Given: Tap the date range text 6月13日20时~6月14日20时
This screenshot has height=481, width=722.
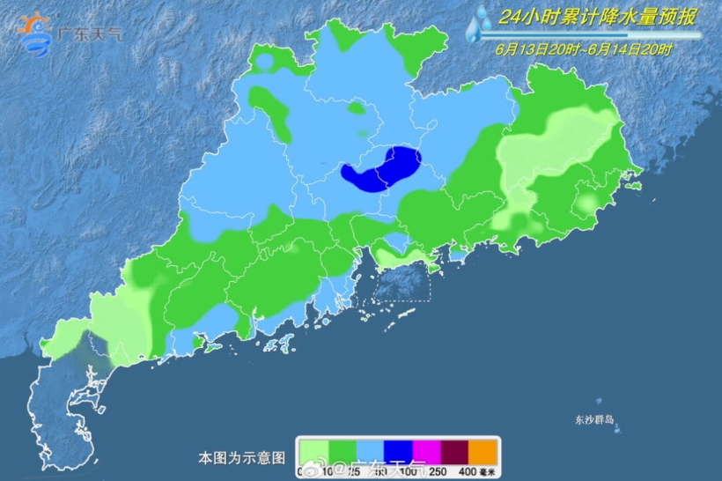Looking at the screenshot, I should coord(583,49).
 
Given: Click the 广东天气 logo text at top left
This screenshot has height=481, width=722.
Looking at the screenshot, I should coord(89,36).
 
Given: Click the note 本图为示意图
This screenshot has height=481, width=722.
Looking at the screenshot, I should coord(241,458).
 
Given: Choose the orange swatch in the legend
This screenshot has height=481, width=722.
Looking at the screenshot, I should coord(483,450).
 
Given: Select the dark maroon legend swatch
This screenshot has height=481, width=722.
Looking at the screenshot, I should coord(454,450).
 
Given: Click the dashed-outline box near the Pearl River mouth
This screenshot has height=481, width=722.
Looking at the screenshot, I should coord(404,280).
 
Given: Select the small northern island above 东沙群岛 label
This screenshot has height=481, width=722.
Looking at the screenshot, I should coord(600,402).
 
